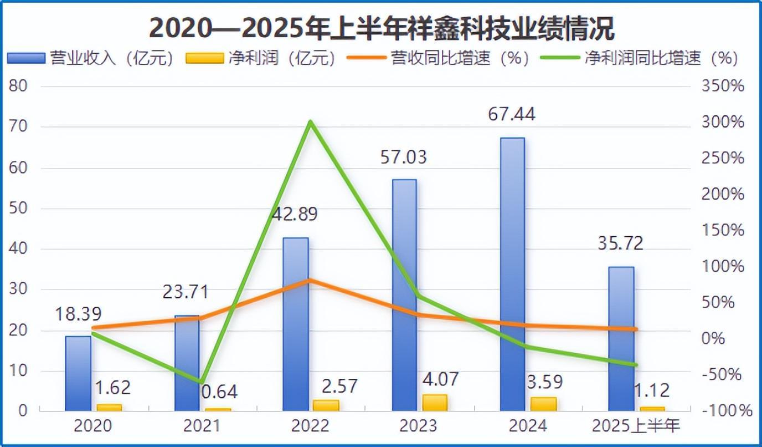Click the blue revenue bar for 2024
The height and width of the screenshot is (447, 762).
(x=512, y=274)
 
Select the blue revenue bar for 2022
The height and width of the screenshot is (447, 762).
(x=295, y=324)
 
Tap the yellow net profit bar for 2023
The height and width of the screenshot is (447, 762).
(x=434, y=402)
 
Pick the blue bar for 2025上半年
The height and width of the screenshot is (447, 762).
(x=621, y=338)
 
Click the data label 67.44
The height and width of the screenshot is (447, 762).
(x=512, y=115)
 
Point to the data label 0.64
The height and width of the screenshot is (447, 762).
(x=219, y=392)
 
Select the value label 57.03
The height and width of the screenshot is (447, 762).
(x=404, y=157)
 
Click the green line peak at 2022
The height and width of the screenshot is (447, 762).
(x=311, y=121)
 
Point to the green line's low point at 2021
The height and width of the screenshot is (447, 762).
(x=201, y=382)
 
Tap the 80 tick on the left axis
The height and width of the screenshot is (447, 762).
(x=18, y=87)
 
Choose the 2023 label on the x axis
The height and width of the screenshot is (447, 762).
(x=418, y=426)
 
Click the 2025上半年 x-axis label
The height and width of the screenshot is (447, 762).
(x=635, y=426)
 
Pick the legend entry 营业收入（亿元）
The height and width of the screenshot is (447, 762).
(x=91, y=58)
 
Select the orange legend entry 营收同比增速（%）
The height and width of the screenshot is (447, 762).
(x=437, y=58)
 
